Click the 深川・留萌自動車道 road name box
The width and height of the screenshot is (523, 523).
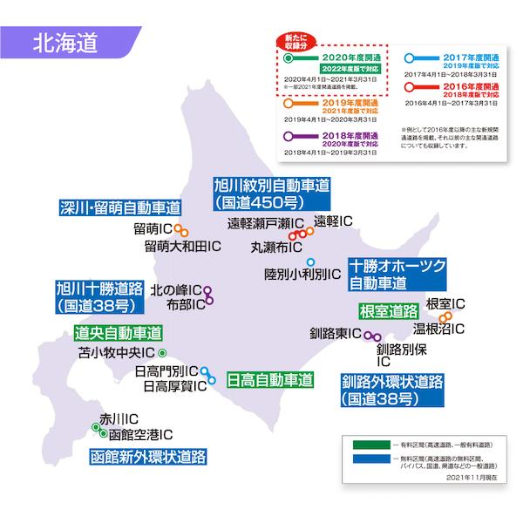coord(120,207)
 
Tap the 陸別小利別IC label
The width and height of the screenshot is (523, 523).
coord(296,274)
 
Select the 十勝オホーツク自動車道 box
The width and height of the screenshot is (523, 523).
coord(397,274)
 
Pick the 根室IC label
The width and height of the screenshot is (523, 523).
coord(445,304)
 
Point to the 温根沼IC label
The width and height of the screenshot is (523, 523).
coord(438,329)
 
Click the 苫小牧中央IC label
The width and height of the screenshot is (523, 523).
coord(116,354)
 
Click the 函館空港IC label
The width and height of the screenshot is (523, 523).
coord(139,433)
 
